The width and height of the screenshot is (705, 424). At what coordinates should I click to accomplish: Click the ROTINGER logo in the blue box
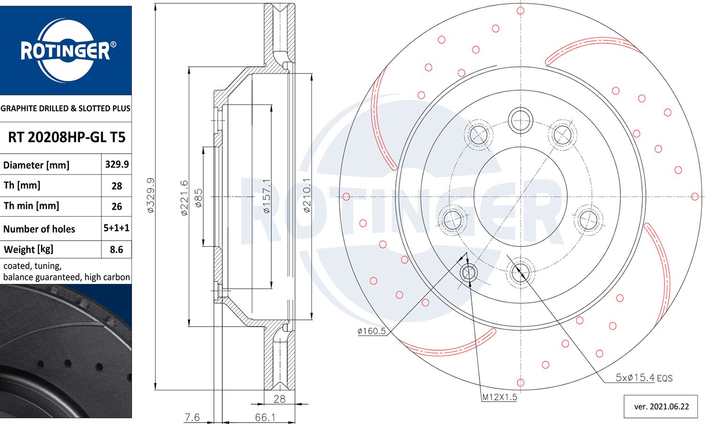pos(66,50)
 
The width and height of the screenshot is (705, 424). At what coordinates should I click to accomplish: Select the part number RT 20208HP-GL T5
pos(67,137)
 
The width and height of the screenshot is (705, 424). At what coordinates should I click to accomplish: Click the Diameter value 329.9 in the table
pos(117,165)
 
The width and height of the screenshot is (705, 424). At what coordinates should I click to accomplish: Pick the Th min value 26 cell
pos(117,206)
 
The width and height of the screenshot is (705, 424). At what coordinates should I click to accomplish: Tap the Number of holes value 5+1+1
pos(117,228)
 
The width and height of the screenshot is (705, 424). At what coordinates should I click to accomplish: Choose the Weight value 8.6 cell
pos(117,250)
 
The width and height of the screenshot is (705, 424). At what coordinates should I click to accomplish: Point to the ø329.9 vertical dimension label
pos(150,196)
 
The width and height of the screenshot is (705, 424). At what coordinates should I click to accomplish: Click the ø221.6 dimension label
pos(184,198)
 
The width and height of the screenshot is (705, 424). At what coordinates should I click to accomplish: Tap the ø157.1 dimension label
pos(266,196)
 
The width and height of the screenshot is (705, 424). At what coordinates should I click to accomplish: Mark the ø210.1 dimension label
pos(307,196)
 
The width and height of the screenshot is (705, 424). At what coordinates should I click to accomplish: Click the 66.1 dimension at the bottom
pos(265,417)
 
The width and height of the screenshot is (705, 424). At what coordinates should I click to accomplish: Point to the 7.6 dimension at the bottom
pos(192,417)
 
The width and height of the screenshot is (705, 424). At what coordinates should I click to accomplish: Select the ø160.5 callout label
pos(371,331)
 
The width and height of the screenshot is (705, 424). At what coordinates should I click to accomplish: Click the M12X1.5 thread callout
pos(499,397)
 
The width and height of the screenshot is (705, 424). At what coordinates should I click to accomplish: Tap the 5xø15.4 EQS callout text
pos(644,377)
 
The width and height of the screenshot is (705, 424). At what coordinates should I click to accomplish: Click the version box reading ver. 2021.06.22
pos(661,407)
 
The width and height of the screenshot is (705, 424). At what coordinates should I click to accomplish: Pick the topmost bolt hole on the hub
pos(520,120)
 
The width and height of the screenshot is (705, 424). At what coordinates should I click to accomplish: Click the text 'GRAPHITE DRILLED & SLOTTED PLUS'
pos(66,109)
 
